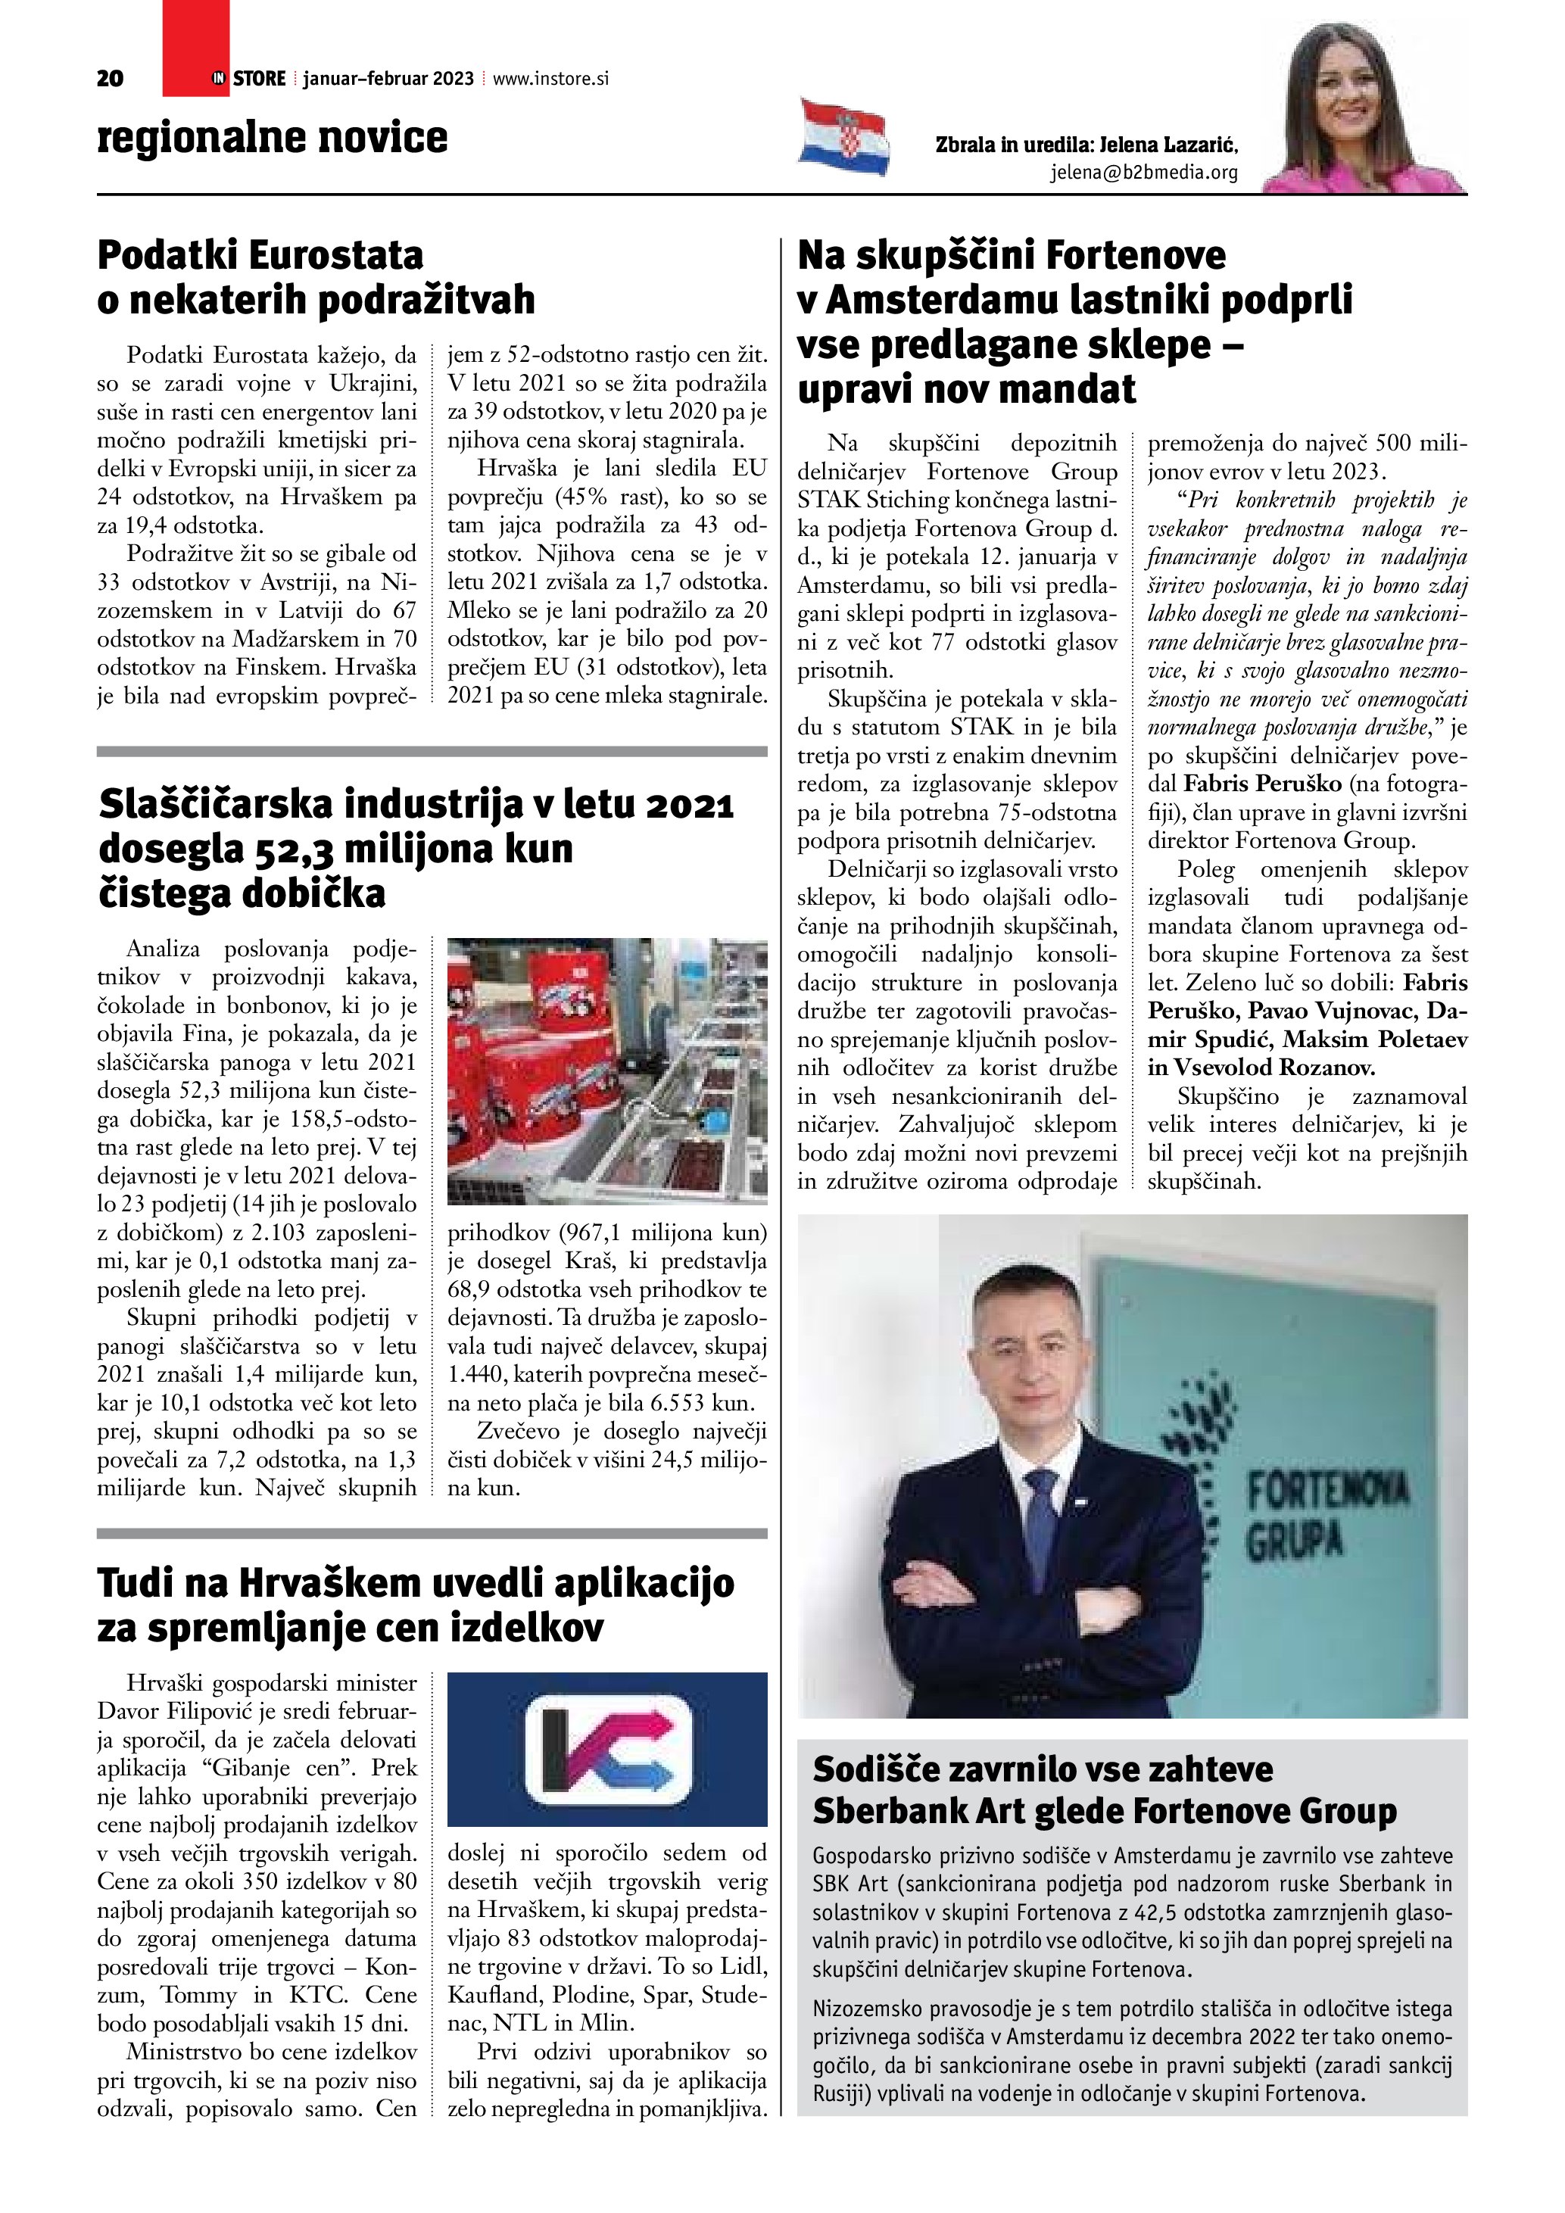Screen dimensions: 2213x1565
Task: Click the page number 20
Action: point(110,79)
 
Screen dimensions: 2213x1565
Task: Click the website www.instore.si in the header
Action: point(550,79)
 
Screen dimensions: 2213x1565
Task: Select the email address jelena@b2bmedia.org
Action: point(1144,173)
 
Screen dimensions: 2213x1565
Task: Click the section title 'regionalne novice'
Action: point(272,137)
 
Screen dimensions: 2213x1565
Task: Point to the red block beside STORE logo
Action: point(195,48)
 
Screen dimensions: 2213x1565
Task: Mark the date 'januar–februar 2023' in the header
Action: point(388,79)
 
